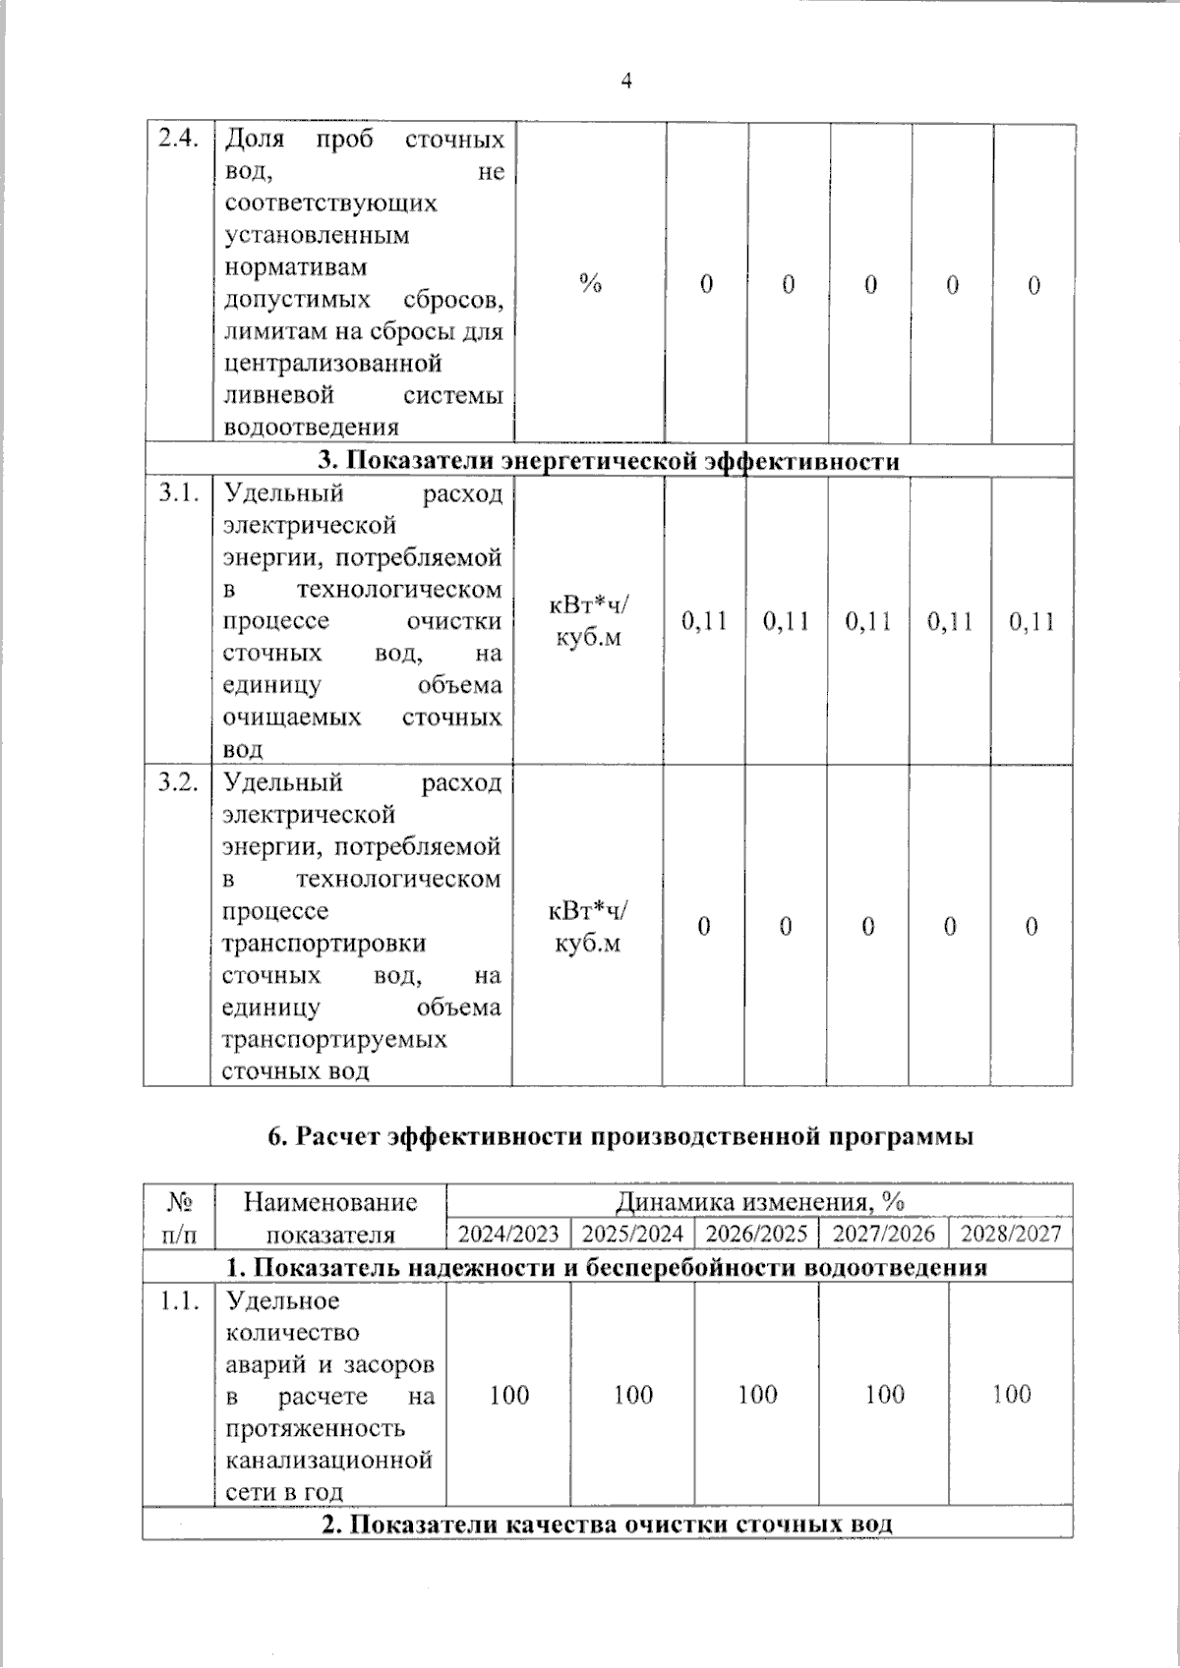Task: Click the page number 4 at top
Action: (626, 81)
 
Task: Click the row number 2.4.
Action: (179, 139)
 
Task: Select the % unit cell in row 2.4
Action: (590, 285)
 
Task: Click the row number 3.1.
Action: (178, 493)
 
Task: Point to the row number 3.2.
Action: (178, 783)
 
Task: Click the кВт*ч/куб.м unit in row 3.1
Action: (588, 622)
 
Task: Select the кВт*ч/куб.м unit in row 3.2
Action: (588, 927)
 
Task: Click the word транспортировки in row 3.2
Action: (324, 944)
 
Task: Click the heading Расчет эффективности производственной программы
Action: (621, 1137)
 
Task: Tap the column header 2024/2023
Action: (508, 1235)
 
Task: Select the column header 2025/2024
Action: (632, 1235)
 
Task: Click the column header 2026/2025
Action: (756, 1235)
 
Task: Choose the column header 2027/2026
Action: (883, 1235)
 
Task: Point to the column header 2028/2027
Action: (1010, 1235)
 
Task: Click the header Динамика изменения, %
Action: (759, 1202)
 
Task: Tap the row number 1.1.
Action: (180, 1301)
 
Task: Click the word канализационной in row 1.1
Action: (329, 1460)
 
